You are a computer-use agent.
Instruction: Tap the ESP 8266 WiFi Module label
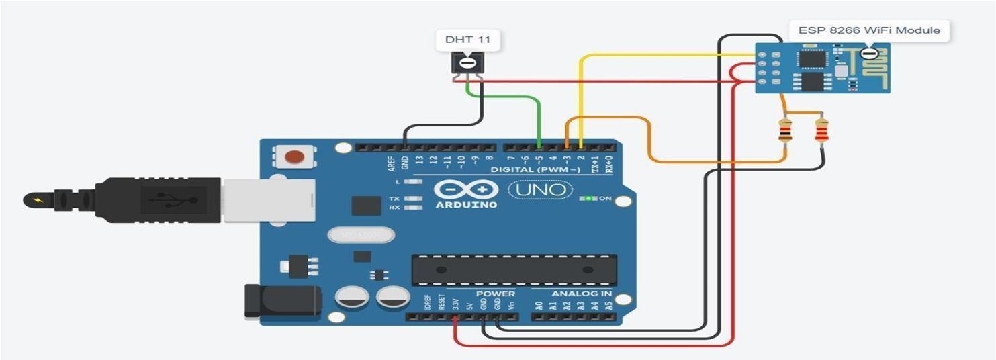click(868, 30)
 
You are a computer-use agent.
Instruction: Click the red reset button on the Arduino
click(294, 158)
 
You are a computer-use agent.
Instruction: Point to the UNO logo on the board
click(540, 190)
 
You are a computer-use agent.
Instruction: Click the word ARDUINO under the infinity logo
click(465, 204)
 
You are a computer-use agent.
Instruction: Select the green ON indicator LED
click(589, 199)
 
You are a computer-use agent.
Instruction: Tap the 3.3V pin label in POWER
click(456, 304)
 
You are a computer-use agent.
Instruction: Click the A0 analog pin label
click(539, 306)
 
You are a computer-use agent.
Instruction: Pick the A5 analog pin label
click(608, 306)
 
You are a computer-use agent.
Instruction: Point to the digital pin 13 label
click(419, 161)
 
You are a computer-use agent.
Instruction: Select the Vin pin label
click(512, 304)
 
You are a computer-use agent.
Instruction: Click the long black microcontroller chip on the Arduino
click(514, 269)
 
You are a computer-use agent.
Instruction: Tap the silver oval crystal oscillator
click(358, 235)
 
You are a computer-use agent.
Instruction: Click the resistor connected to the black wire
click(821, 130)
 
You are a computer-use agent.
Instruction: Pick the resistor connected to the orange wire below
click(784, 130)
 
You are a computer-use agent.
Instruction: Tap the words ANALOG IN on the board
click(582, 294)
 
